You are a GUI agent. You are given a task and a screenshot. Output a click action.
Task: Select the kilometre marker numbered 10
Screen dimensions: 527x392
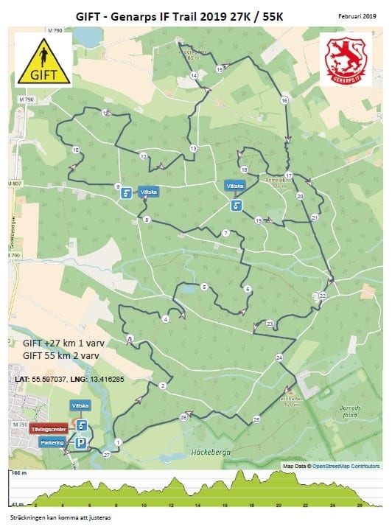point(76,150)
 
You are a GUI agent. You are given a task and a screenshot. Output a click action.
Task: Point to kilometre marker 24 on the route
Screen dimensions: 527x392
point(279,357)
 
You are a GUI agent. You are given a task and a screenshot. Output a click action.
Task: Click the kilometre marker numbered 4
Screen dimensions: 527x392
point(165,319)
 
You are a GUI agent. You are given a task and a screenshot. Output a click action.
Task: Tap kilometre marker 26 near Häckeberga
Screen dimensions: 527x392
point(183,418)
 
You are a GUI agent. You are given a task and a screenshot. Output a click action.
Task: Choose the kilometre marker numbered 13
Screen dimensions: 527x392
point(193,148)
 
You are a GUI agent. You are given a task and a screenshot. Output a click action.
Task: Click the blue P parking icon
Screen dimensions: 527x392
point(82,442)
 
